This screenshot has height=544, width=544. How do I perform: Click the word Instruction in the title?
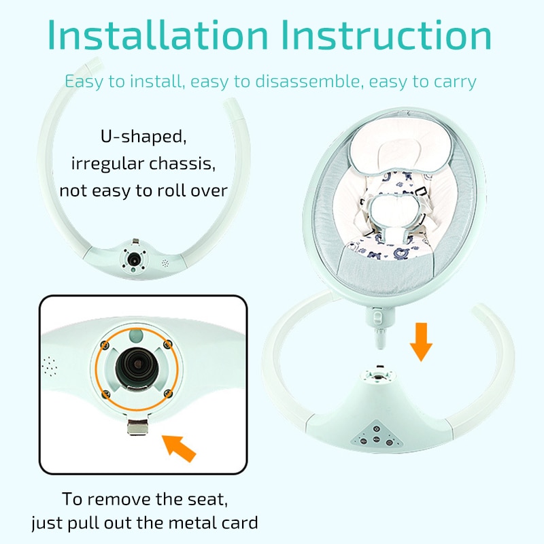(387, 35)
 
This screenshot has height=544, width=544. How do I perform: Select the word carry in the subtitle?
(455, 82)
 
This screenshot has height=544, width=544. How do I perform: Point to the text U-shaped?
(143, 136)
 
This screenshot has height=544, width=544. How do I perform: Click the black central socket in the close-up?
(135, 367)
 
